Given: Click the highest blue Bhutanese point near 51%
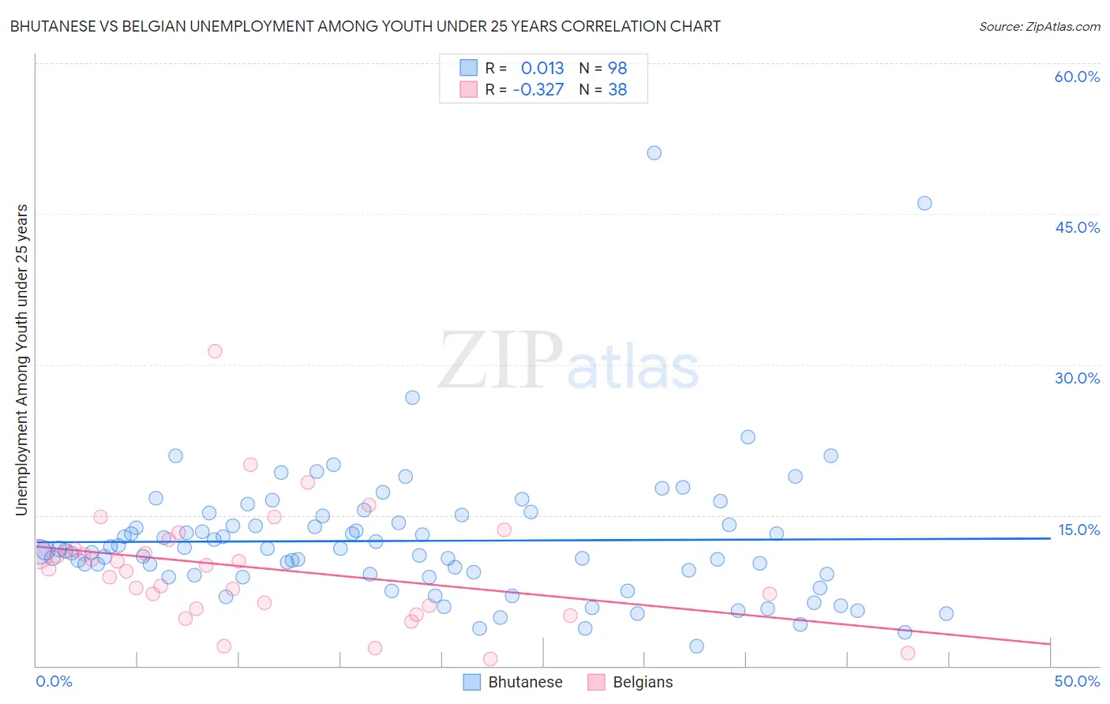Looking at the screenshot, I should click(654, 153).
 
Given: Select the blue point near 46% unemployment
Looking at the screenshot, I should click(924, 204).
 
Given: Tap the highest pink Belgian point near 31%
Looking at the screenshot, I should click(215, 351).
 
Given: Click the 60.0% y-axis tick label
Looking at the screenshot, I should click(1077, 77).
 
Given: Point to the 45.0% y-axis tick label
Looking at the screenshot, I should click(1077, 227).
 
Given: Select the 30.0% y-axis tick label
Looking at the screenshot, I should click(1077, 378).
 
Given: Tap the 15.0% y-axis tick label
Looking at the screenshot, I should click(1078, 530).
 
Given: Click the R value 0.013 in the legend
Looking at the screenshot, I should click(542, 69).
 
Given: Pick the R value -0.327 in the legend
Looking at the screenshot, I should click(538, 90).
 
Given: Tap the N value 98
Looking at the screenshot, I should click(617, 69).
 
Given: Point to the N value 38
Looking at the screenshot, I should click(617, 90).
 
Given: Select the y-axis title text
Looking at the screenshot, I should click(21, 360).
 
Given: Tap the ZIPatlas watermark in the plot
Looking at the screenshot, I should click(568, 361).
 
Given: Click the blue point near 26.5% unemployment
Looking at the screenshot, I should click(412, 398).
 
